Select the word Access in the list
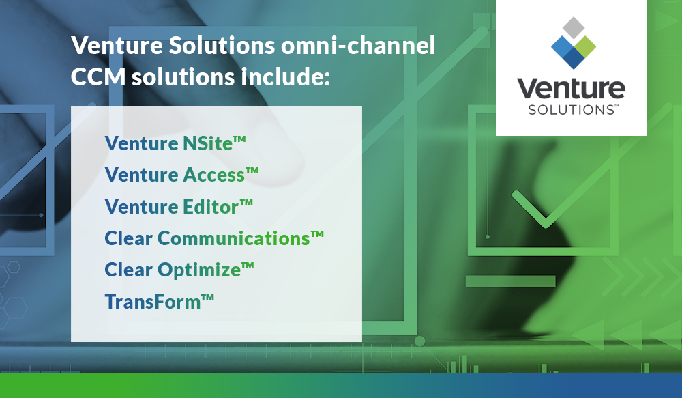point(213,175)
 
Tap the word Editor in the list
point(211,207)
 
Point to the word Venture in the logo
point(570,89)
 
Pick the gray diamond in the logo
point(573,28)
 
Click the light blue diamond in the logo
point(561,46)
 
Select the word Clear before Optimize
point(128,270)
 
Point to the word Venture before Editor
point(141,207)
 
